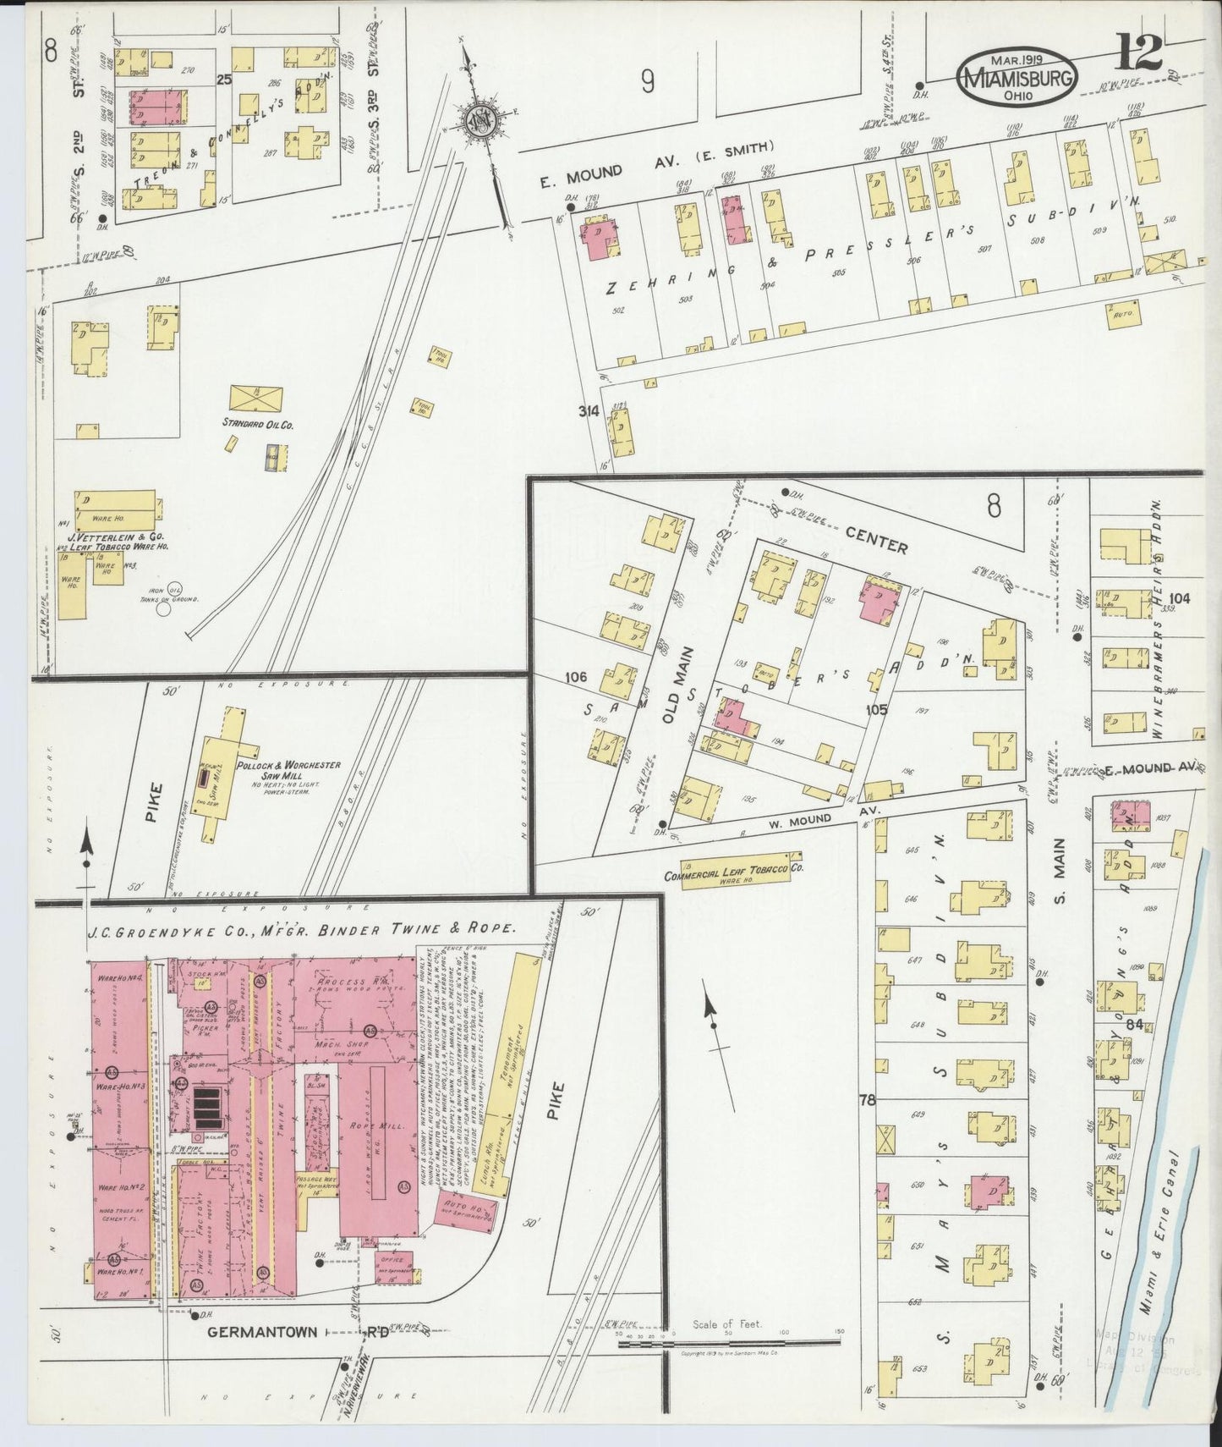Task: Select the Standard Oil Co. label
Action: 257,422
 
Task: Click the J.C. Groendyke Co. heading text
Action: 300,928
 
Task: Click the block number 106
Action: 575,676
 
